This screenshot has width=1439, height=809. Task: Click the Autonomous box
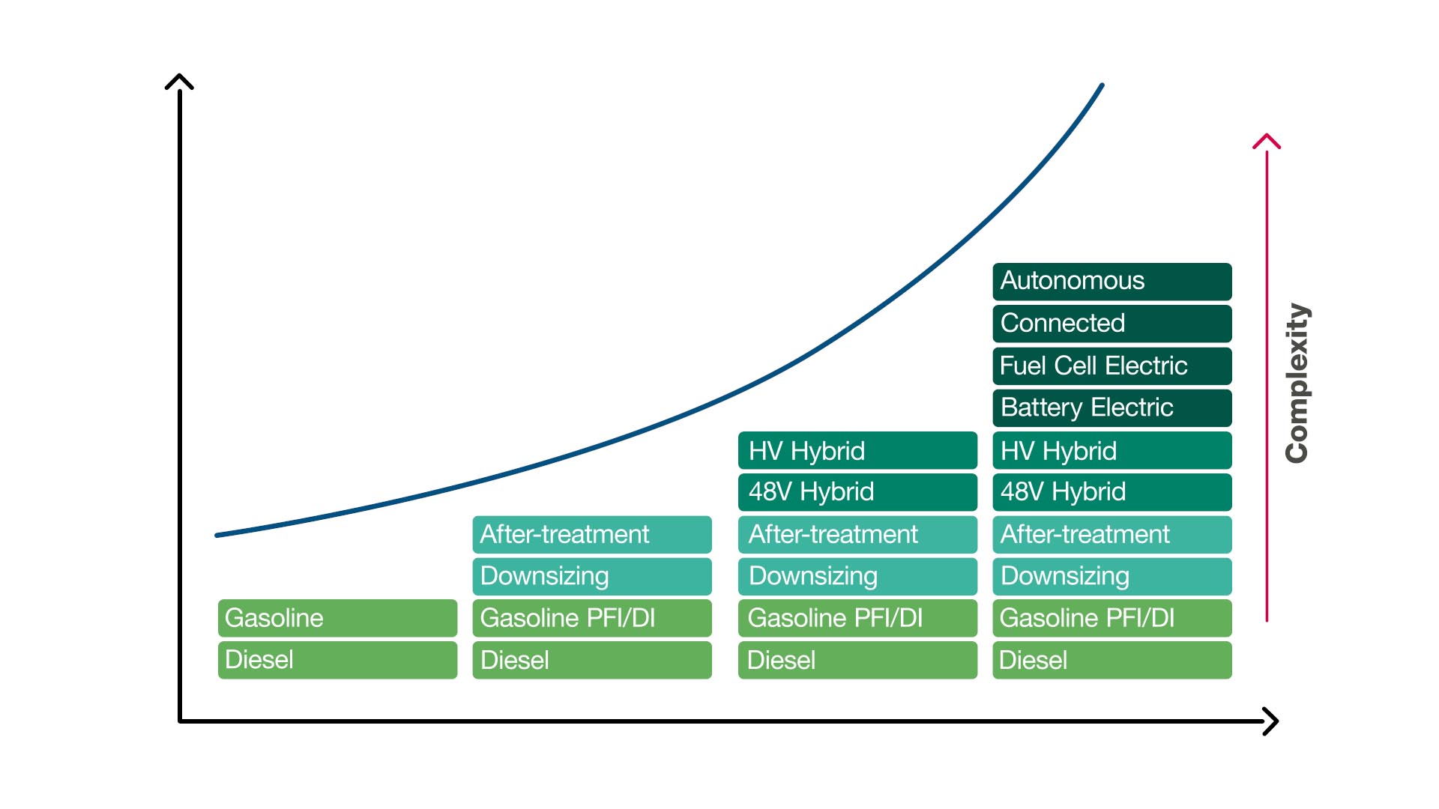(x=1112, y=282)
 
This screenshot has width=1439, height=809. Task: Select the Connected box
(x=1112, y=324)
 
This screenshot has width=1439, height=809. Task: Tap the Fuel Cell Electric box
(x=1112, y=366)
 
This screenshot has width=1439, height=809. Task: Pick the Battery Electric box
(x=1112, y=408)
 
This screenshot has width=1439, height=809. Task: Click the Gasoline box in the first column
(x=337, y=618)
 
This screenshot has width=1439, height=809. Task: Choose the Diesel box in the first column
(x=337, y=660)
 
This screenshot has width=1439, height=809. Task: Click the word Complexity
(x=1297, y=383)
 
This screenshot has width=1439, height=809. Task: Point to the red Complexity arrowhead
(x=1267, y=140)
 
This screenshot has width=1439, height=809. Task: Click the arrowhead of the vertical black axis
(x=179, y=80)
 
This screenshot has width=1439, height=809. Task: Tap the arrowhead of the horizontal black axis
(x=1272, y=721)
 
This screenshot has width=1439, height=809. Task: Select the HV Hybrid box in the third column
(x=857, y=450)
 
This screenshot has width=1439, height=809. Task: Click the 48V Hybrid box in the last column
(x=1112, y=492)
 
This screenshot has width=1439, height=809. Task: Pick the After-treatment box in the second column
(x=592, y=535)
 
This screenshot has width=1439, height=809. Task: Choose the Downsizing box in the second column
(x=592, y=577)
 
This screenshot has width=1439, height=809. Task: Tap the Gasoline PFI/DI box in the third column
(x=857, y=618)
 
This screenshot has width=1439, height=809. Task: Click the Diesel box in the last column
(x=1112, y=660)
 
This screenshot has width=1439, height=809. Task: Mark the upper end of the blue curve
(x=1102, y=85)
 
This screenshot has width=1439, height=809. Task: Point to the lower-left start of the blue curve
(x=217, y=536)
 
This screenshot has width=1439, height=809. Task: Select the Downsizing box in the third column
(x=857, y=577)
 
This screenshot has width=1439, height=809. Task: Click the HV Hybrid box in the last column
(x=1112, y=450)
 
